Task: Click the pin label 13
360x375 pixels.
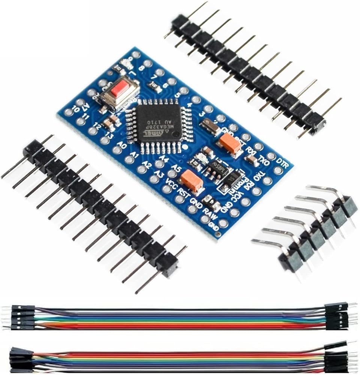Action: tap(109, 134)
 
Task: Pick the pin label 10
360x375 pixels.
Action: tap(75, 109)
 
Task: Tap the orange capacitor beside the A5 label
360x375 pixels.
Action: tap(192, 181)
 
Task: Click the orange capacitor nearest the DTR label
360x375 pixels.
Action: tap(230, 143)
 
